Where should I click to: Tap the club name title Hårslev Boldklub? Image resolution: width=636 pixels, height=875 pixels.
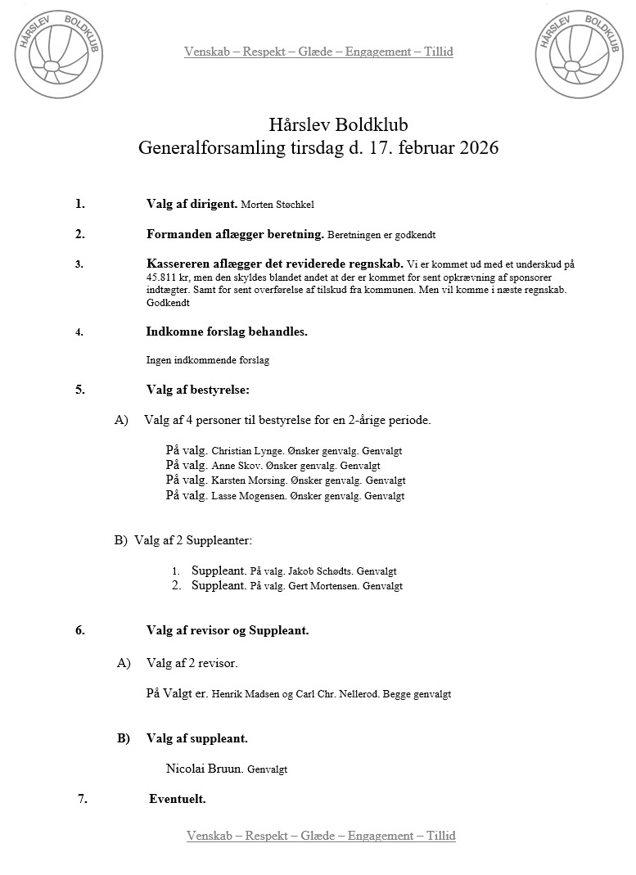click(x=337, y=125)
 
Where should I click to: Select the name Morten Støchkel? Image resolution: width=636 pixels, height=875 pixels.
click(x=279, y=205)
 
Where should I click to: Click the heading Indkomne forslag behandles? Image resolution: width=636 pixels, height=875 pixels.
click(x=227, y=332)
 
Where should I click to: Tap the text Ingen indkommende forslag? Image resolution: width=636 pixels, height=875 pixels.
click(x=208, y=359)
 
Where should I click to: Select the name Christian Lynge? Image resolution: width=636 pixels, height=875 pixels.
click(x=244, y=451)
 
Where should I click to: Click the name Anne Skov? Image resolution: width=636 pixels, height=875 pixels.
click(x=232, y=466)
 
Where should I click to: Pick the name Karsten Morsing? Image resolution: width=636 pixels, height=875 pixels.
click(x=246, y=480)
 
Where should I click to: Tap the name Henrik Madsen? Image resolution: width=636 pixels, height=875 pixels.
click(x=241, y=694)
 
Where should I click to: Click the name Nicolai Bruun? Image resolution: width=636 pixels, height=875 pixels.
click(x=204, y=769)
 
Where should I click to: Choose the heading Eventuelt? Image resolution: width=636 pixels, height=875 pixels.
click(x=177, y=799)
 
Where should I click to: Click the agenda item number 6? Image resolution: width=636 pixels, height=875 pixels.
click(x=80, y=630)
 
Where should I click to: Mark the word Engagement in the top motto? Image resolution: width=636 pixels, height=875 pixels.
click(x=377, y=52)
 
